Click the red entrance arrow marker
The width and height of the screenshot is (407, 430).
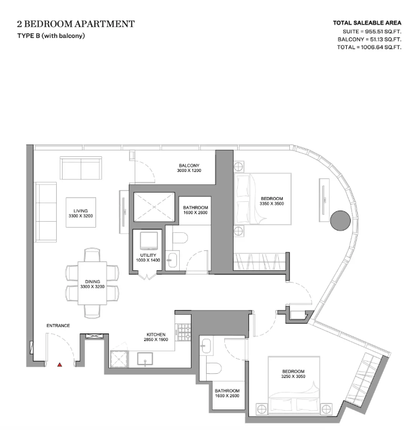[x=60, y=364]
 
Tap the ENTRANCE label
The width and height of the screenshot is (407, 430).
[x=58, y=325]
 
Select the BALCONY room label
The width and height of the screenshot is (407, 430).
[x=189, y=166]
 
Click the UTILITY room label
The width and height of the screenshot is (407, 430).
[x=148, y=255]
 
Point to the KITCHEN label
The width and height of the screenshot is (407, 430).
[x=156, y=335]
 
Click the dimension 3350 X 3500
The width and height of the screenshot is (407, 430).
[x=272, y=204]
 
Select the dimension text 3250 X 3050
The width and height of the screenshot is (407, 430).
[x=293, y=376]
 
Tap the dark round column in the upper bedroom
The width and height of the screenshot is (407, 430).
[x=340, y=221]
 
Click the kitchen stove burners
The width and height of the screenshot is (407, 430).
[x=184, y=332]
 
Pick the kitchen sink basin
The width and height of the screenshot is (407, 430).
[x=145, y=359]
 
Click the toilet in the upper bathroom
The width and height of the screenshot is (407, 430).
[x=180, y=238]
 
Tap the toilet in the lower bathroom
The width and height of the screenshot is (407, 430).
[x=214, y=368]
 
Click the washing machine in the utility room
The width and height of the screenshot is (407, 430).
[x=149, y=240]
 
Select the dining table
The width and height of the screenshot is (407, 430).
[x=92, y=283]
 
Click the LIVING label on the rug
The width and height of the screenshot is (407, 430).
[x=81, y=211]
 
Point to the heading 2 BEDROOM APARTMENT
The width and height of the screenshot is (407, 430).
[x=76, y=24]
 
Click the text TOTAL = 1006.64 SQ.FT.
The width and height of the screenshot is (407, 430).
[x=369, y=47]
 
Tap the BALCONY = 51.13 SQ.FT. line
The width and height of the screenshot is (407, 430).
[x=370, y=39]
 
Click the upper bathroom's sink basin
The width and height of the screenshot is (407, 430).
[x=172, y=260]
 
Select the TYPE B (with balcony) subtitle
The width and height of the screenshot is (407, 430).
[x=51, y=36]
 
